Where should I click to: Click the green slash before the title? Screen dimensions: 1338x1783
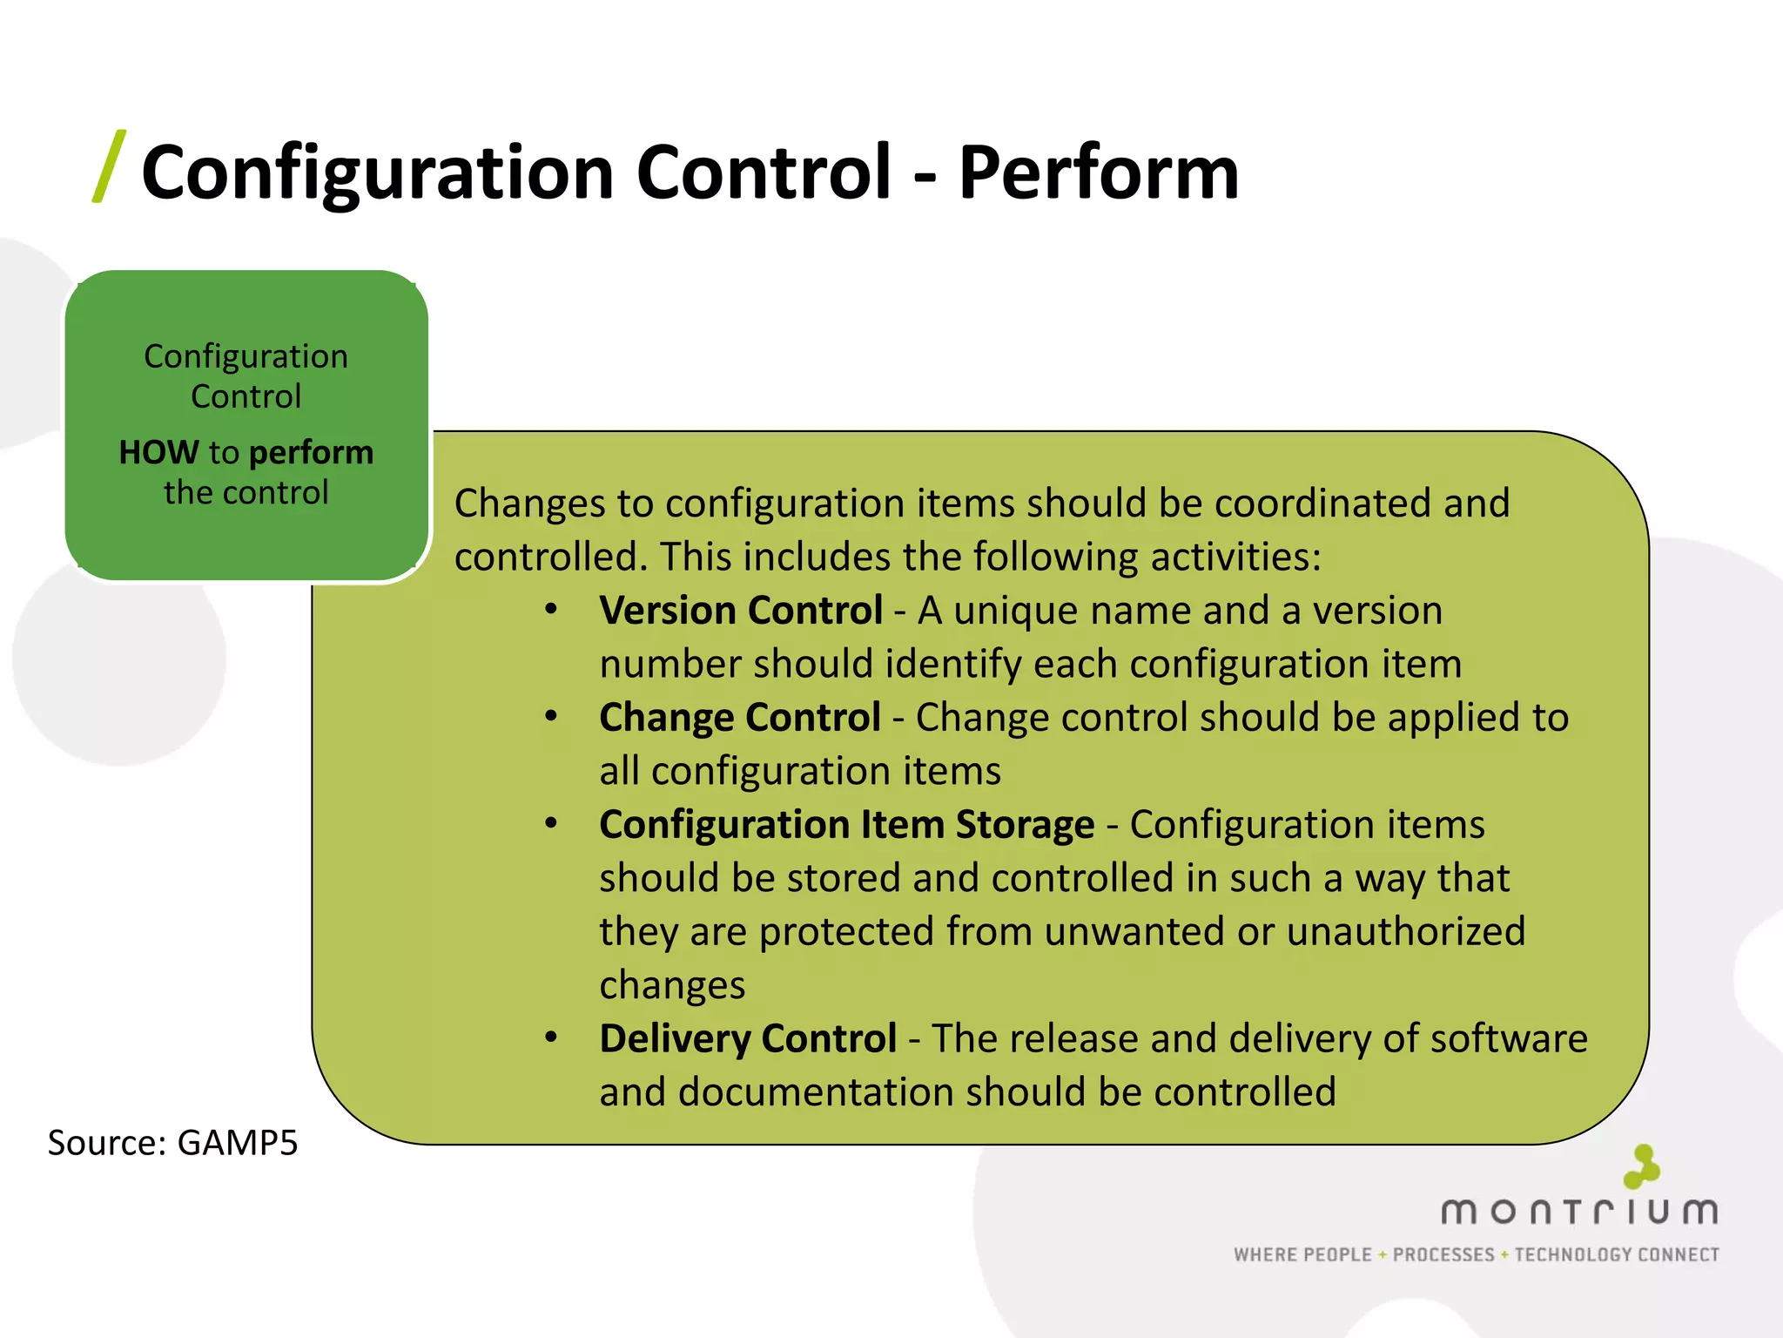click(109, 166)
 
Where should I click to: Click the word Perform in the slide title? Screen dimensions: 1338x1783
click(1098, 173)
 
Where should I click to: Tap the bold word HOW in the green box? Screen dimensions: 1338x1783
click(158, 452)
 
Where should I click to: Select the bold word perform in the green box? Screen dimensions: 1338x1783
click(311, 453)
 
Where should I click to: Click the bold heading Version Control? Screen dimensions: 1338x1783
click(741, 611)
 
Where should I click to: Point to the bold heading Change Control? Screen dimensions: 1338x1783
click(740, 718)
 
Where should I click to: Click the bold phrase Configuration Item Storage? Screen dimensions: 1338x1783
click(846, 825)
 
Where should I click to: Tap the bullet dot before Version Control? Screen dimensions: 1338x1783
click(551, 610)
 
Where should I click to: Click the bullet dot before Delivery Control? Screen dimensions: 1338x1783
click(551, 1037)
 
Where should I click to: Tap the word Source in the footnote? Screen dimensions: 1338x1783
click(105, 1143)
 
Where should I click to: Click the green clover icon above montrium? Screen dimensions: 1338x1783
click(1642, 1166)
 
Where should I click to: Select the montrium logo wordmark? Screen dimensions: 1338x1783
click(1579, 1212)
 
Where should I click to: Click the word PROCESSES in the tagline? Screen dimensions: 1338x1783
click(1443, 1254)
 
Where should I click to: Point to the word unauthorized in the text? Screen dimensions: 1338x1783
click(1406, 932)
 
